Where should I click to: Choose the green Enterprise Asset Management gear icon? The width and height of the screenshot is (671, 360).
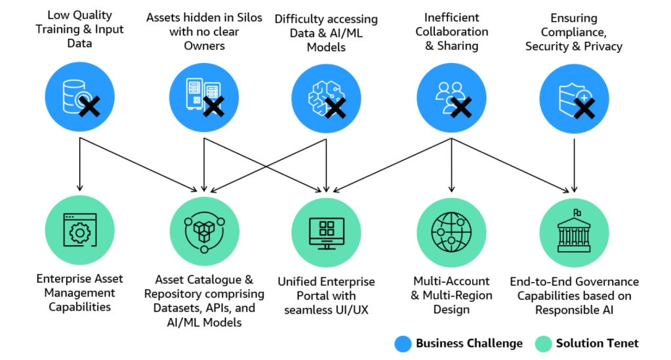(79, 230)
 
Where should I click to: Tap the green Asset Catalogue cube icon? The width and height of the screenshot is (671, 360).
(204, 230)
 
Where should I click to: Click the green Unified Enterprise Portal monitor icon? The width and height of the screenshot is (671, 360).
(327, 230)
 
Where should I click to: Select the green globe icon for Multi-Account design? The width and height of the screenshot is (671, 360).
(451, 230)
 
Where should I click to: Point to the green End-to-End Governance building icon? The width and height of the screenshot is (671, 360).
(574, 230)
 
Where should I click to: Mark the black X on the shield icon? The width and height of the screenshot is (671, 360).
(585, 108)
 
